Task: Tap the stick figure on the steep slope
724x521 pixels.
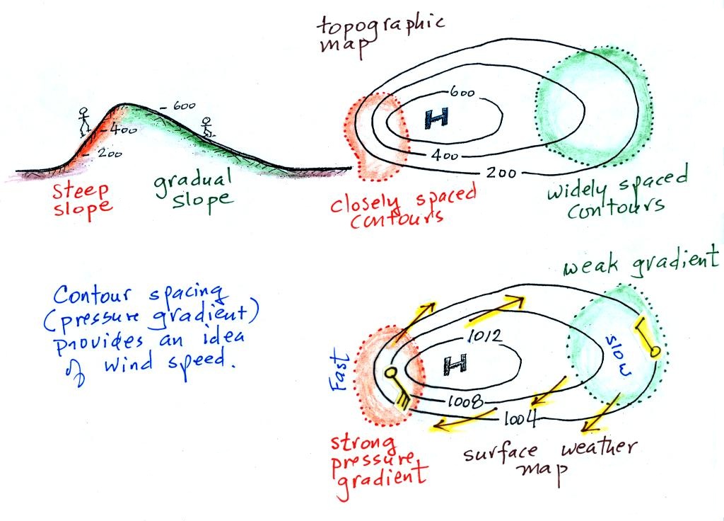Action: (84, 120)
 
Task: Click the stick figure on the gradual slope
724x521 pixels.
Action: (206, 127)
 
